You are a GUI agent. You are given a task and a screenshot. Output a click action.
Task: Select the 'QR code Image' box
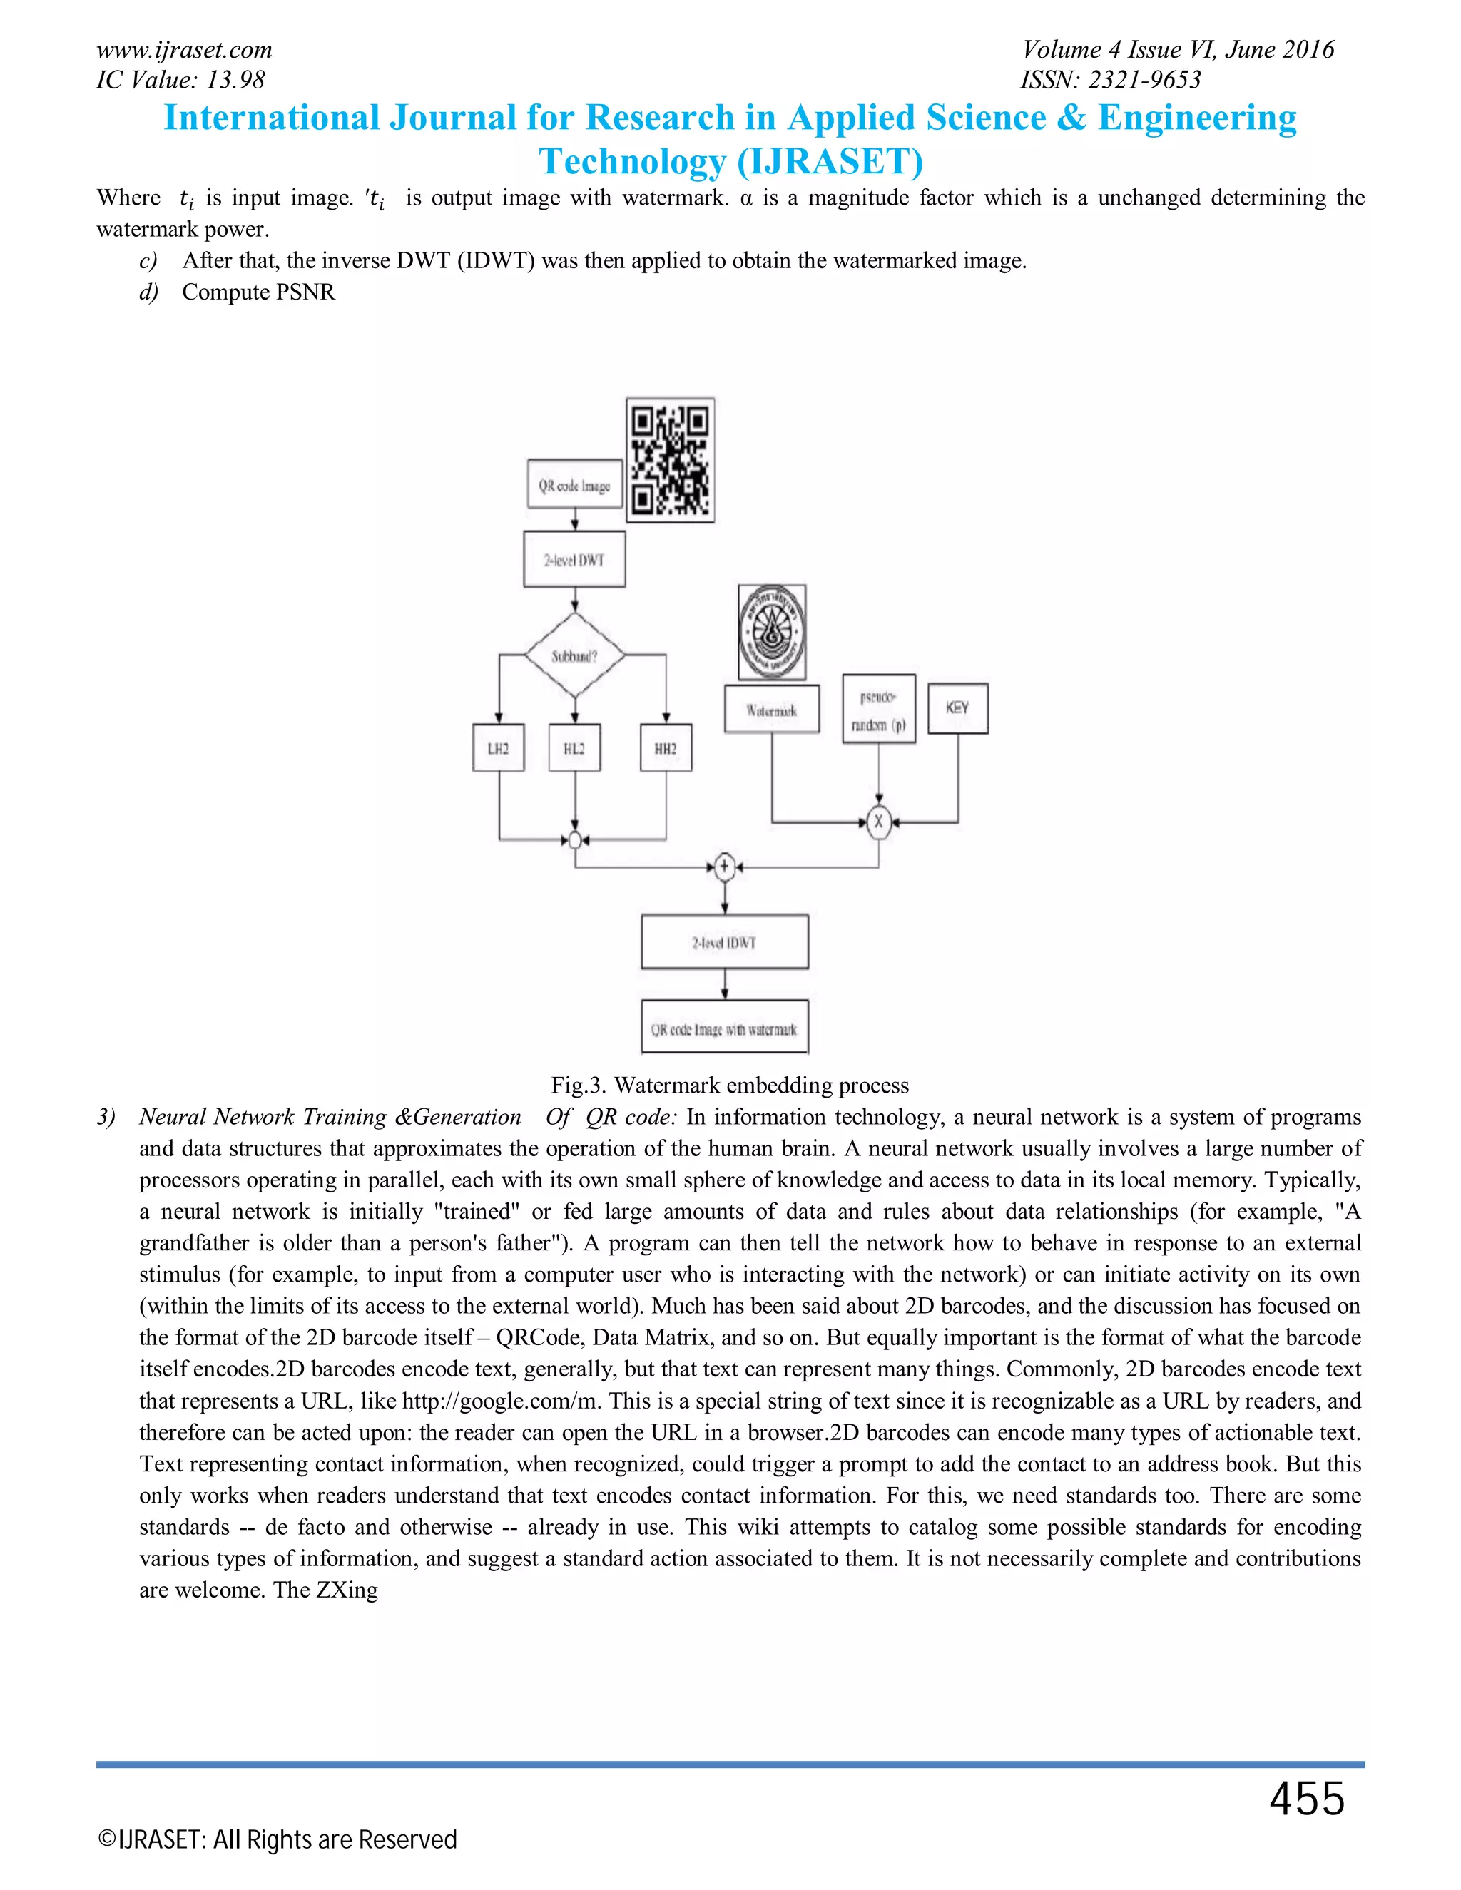pyautogui.click(x=575, y=484)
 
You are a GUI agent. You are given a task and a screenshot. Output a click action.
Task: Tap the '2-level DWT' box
pyautogui.click(x=575, y=560)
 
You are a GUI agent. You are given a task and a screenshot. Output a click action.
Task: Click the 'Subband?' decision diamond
pyautogui.click(x=575, y=655)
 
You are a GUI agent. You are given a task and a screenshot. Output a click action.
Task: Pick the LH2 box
pyautogui.click(x=499, y=747)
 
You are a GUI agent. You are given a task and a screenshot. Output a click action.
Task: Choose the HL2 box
pyautogui.click(x=575, y=747)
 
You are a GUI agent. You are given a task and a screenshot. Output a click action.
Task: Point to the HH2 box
pyautogui.click(x=666, y=747)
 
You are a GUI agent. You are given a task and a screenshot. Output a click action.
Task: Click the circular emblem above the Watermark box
pyautogui.click(x=772, y=633)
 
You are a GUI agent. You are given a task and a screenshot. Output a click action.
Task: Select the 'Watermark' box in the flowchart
pyautogui.click(x=772, y=710)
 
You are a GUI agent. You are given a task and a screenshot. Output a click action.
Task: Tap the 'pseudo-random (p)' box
pyautogui.click(x=878, y=709)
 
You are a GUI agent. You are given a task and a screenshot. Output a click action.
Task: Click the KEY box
pyautogui.click(x=957, y=708)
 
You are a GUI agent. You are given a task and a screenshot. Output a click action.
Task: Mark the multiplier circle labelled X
pyautogui.click(x=878, y=821)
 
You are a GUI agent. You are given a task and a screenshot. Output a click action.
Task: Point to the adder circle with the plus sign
pyautogui.click(x=725, y=867)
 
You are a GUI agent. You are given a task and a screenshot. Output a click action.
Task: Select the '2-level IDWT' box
pyautogui.click(x=725, y=941)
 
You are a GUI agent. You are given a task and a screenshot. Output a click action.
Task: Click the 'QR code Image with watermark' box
pyautogui.click(x=725, y=1028)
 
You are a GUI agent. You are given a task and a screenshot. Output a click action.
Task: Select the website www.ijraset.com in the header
pyautogui.click(x=184, y=50)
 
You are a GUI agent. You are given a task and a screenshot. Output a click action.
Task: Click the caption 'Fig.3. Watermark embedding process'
pyautogui.click(x=730, y=1086)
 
